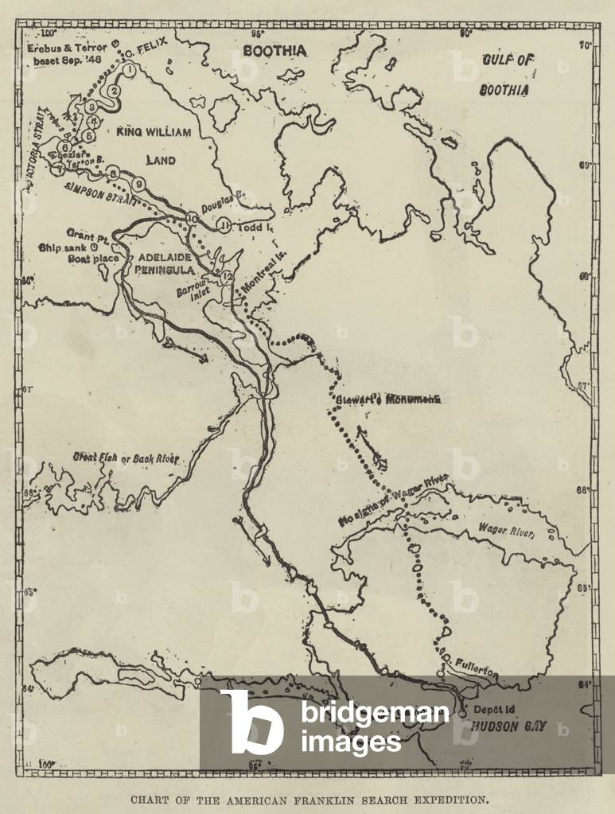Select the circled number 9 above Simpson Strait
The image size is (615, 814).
click(x=139, y=184)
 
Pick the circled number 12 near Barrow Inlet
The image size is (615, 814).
click(x=228, y=276)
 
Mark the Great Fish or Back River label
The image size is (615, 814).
click(x=127, y=459)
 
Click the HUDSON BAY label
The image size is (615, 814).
click(x=506, y=726)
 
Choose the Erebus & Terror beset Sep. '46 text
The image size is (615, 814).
click(x=67, y=53)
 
